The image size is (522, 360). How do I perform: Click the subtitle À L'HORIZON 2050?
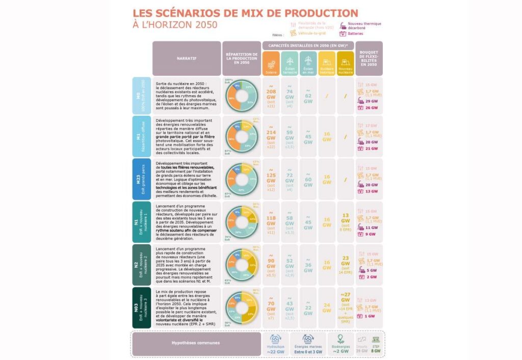174,24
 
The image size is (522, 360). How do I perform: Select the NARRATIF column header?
187,58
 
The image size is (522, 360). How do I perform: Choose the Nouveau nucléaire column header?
345,64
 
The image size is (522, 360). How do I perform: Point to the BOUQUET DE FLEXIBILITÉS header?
369,58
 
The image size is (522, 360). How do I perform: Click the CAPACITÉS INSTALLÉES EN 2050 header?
308,45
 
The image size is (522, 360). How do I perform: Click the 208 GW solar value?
271,95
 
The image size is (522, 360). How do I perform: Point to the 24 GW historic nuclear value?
327,307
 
